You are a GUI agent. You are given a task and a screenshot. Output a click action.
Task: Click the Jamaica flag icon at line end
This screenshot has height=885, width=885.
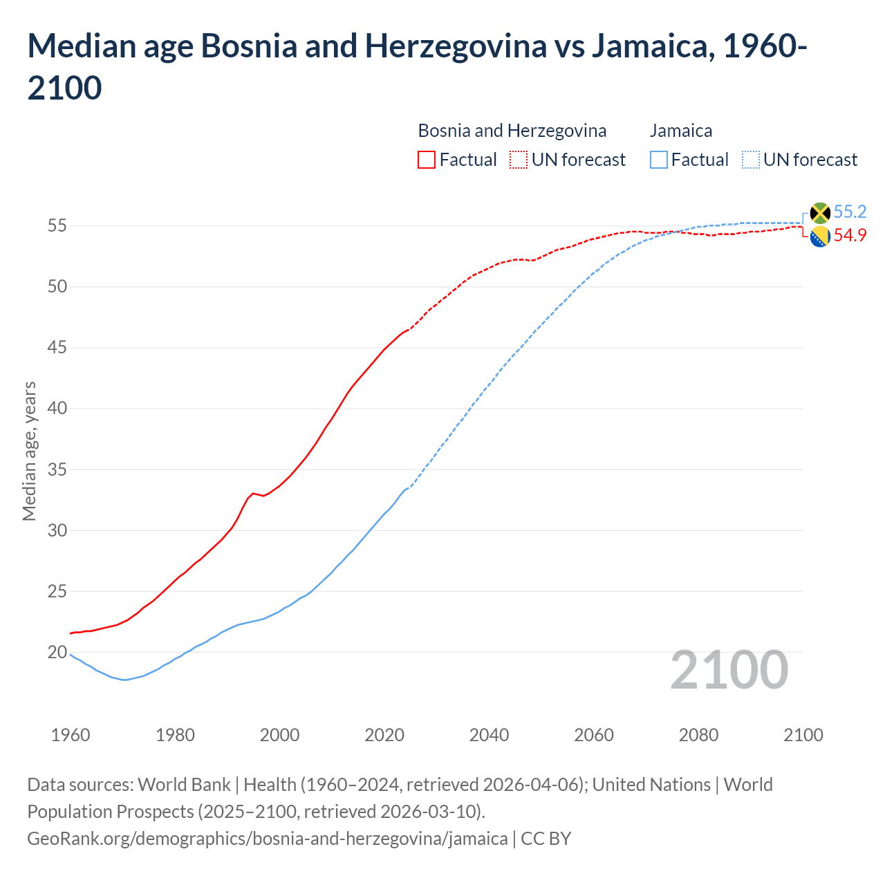pyautogui.click(x=820, y=213)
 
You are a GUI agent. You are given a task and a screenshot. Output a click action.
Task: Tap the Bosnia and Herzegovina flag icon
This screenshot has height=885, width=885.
pyautogui.click(x=820, y=236)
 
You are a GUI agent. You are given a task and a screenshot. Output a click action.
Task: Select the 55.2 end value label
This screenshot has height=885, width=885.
pyautogui.click(x=850, y=212)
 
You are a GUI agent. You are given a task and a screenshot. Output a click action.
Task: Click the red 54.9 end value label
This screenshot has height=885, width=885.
pyautogui.click(x=850, y=236)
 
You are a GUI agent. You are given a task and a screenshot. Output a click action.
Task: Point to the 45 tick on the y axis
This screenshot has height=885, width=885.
pyautogui.click(x=57, y=347)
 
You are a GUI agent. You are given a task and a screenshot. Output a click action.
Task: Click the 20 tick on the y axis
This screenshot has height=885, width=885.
pyautogui.click(x=57, y=652)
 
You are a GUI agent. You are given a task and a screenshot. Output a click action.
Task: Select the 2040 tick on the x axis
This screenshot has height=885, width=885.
pyautogui.click(x=489, y=735)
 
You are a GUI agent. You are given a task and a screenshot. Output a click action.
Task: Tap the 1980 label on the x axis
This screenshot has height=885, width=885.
pyautogui.click(x=175, y=735)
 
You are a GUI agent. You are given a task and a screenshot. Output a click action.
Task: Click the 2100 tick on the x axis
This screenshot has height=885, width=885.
pyautogui.click(x=803, y=735)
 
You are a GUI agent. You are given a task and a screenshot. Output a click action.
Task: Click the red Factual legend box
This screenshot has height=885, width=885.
pyautogui.click(x=427, y=160)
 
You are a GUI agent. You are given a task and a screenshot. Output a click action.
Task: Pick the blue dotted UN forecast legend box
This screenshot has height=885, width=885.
pyautogui.click(x=750, y=160)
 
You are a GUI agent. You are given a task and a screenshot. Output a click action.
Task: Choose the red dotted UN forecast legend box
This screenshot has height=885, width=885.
pyautogui.click(x=519, y=160)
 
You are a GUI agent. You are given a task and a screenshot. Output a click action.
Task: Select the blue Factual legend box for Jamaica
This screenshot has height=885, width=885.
pyautogui.click(x=659, y=160)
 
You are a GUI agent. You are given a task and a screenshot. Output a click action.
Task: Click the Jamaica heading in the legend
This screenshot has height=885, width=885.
pyautogui.click(x=680, y=131)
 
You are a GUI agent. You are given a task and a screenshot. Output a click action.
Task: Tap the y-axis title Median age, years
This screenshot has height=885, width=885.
pyautogui.click(x=29, y=451)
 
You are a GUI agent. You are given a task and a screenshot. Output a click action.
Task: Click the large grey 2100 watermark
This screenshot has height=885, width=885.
pyautogui.click(x=729, y=670)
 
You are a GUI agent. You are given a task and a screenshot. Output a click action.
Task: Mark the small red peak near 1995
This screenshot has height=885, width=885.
pyautogui.click(x=253, y=493)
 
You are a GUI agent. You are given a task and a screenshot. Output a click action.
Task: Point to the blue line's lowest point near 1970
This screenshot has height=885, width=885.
pyautogui.click(x=124, y=680)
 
